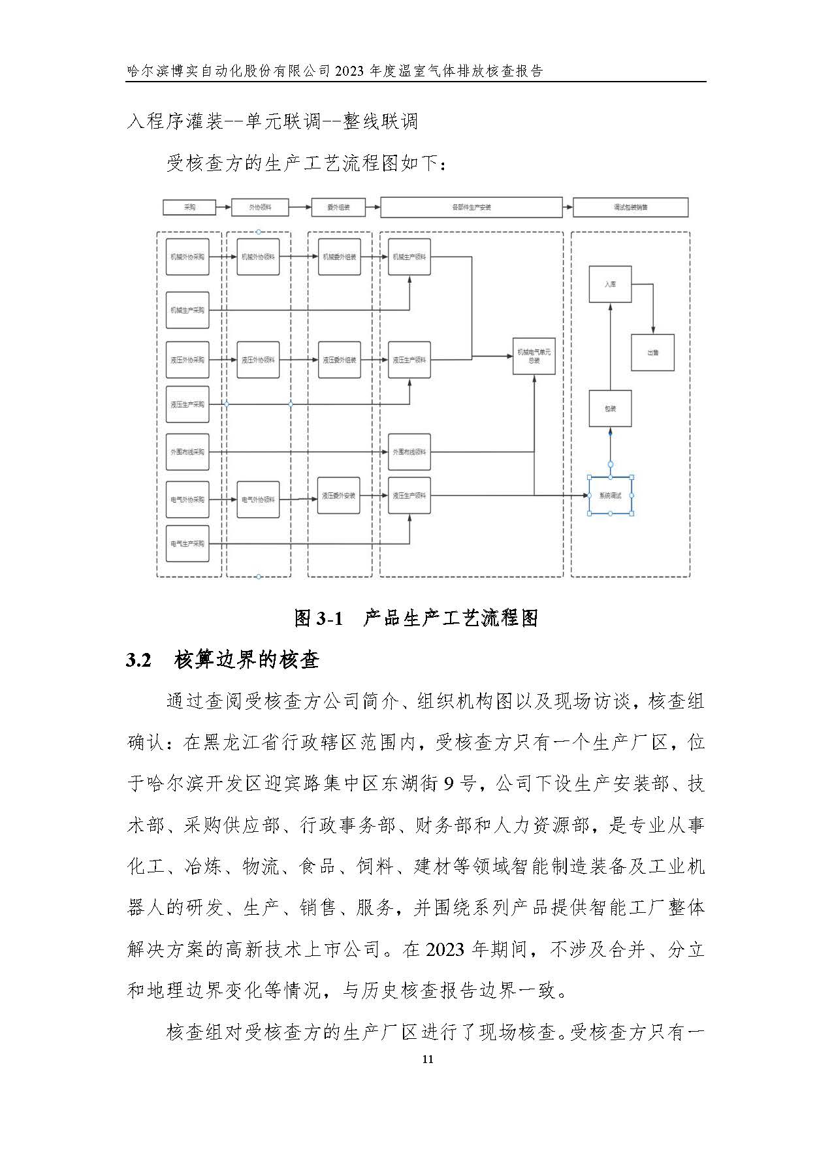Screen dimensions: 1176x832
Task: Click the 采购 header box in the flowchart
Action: [189, 208]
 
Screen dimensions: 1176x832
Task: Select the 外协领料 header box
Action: [259, 208]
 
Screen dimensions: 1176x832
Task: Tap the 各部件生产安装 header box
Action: [471, 208]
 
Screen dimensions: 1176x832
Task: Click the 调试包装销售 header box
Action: [630, 208]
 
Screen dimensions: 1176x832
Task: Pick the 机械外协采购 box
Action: [187, 257]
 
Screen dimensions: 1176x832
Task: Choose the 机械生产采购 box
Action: [187, 310]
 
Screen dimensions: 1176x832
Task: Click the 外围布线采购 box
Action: [187, 452]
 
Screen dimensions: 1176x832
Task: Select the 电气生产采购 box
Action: [187, 543]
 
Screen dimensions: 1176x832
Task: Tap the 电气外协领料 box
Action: [258, 500]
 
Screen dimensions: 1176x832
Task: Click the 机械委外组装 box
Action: [339, 257]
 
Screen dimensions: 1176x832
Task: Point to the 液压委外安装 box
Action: [338, 496]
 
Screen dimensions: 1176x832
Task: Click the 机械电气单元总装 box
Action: [534, 357]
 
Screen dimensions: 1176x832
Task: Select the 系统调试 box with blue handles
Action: [610, 496]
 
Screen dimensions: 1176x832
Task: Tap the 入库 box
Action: [610, 285]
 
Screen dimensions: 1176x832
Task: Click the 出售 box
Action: [652, 353]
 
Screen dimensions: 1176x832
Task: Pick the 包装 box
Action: [610, 409]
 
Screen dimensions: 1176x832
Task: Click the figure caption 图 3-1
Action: [318, 618]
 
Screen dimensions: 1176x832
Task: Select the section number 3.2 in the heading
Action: [138, 660]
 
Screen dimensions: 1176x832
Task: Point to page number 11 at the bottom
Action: [428, 1059]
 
